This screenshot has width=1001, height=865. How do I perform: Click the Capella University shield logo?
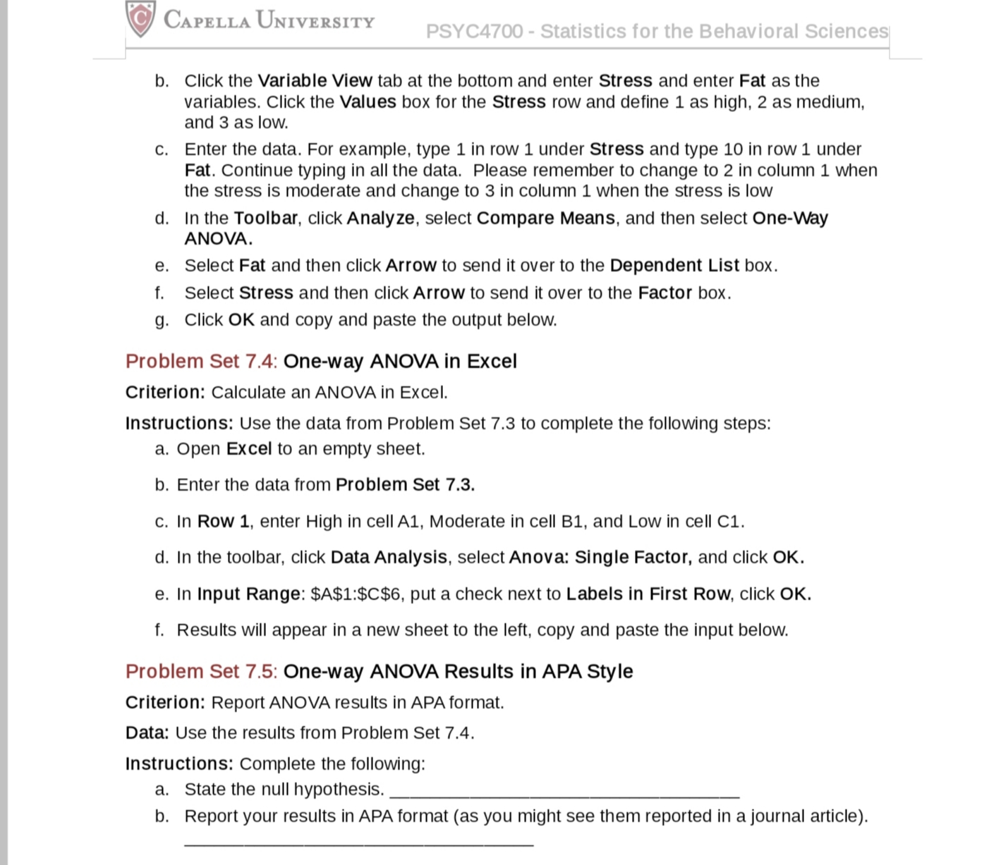click(140, 18)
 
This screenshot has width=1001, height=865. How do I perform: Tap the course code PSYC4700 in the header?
click(474, 32)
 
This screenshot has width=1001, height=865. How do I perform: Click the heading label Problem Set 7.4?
click(201, 361)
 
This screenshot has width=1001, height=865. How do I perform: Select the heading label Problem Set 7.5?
click(201, 671)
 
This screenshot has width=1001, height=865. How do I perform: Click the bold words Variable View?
click(315, 80)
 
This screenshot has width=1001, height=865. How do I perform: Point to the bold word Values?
click(368, 102)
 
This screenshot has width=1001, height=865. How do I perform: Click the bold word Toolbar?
click(265, 218)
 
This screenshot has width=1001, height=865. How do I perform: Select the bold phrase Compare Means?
click(545, 218)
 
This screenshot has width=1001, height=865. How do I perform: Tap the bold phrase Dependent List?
click(674, 265)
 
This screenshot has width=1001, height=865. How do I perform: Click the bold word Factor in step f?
click(665, 293)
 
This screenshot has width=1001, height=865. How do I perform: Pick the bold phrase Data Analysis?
click(389, 557)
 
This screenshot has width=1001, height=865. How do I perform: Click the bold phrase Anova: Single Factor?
click(600, 557)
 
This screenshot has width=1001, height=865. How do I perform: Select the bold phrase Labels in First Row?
click(648, 594)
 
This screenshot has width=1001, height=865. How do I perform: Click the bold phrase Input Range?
click(248, 594)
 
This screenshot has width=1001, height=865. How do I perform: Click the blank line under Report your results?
click(358, 842)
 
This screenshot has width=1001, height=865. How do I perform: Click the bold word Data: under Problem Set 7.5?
click(147, 732)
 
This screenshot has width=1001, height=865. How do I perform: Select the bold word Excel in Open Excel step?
click(248, 449)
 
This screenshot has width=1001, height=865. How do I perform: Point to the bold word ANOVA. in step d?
click(218, 238)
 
